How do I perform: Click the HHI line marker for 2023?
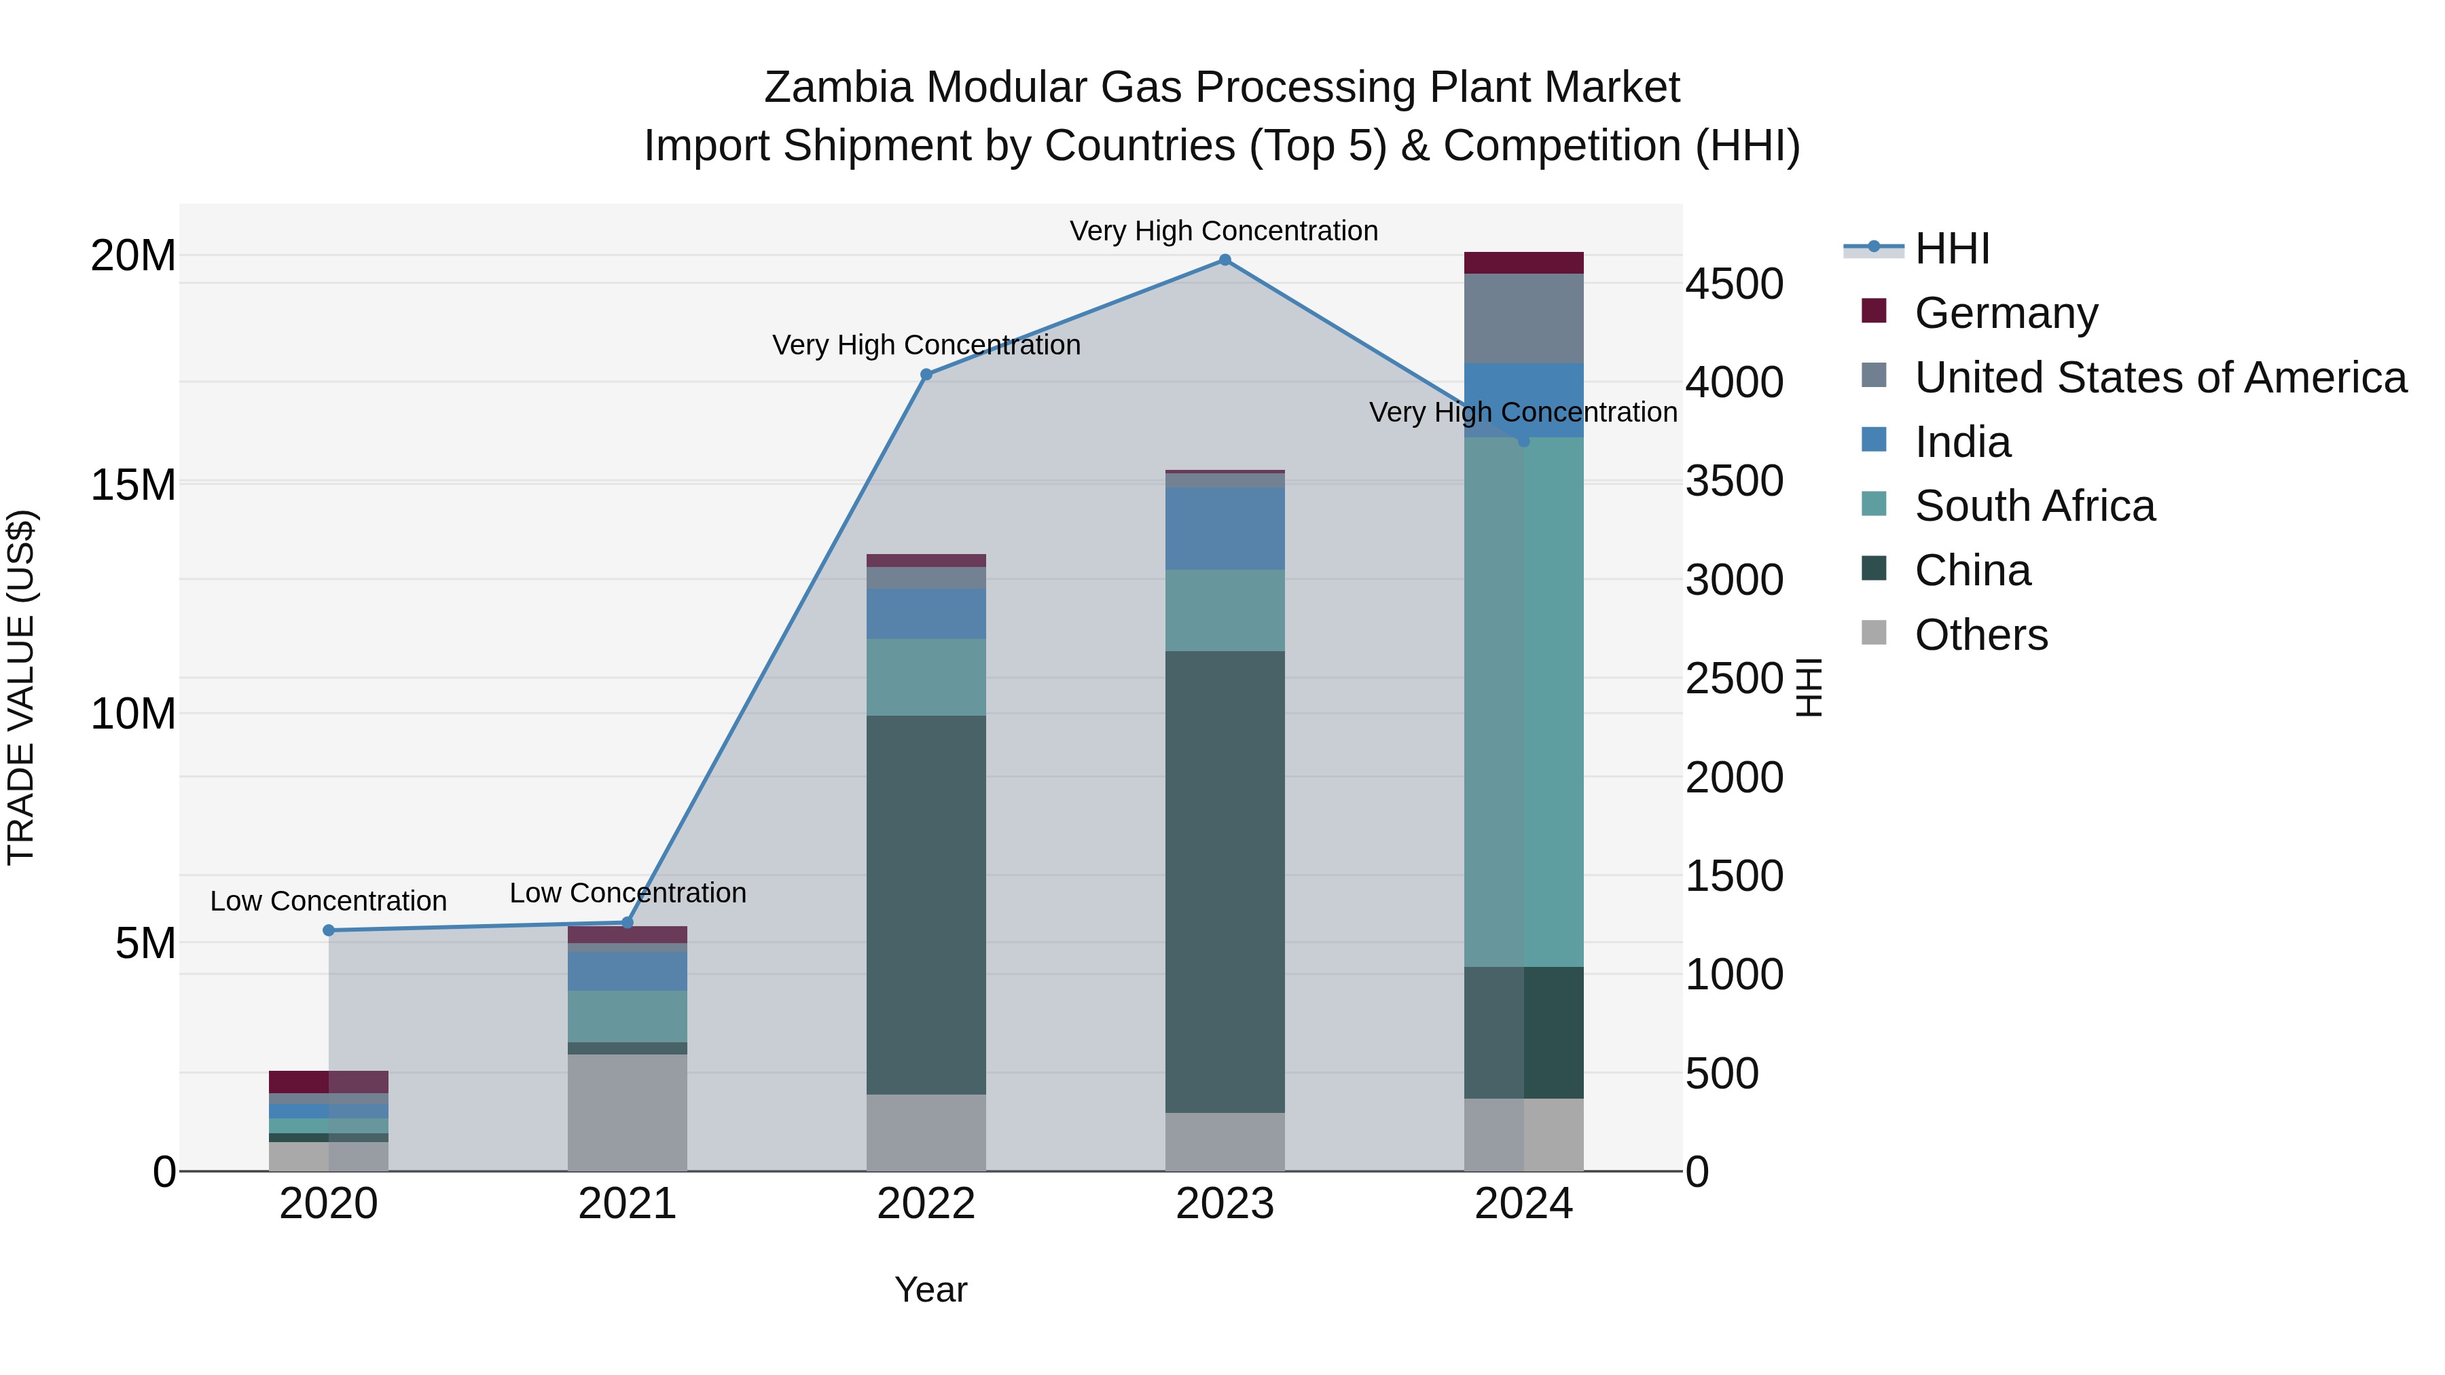pos(1225,260)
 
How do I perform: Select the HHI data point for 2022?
pos(926,375)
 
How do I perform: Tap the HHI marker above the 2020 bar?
pos(329,930)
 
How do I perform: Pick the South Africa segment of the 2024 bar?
pos(1523,702)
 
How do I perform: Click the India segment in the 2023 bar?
pos(1225,528)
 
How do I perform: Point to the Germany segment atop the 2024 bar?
pos(1523,263)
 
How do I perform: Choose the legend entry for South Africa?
pos(2034,506)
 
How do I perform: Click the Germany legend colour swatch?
pos(1874,311)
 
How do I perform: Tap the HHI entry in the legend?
pos(1951,249)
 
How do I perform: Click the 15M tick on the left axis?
pos(133,485)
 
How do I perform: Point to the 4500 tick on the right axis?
pos(1734,284)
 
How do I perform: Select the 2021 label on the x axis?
pos(626,1204)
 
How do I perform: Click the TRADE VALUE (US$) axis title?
pos(21,687)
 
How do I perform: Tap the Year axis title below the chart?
pos(930,1289)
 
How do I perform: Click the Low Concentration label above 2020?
pos(329,900)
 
